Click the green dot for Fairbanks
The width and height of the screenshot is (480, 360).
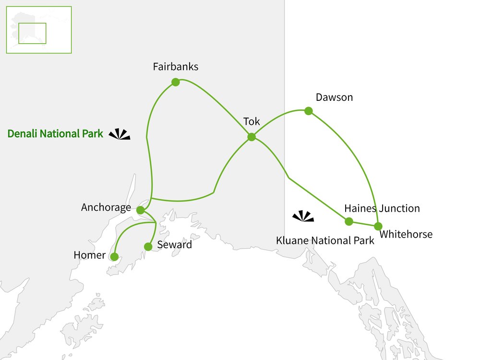click(x=176, y=82)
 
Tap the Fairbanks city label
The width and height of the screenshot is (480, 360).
click(x=175, y=67)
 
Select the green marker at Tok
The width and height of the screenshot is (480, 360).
click(x=252, y=137)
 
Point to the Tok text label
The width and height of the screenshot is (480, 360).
click(x=252, y=122)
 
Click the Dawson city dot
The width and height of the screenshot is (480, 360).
click(x=309, y=111)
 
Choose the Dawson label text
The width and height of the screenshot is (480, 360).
click(x=334, y=97)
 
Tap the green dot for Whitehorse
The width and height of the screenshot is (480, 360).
click(x=378, y=226)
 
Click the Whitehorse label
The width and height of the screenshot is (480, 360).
click(x=406, y=235)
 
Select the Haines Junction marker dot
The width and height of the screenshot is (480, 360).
click(x=349, y=221)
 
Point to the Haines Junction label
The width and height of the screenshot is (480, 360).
click(x=382, y=208)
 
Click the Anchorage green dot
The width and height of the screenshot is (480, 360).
click(x=140, y=210)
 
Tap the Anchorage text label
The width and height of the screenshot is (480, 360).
click(x=106, y=207)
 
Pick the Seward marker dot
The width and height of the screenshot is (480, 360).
click(x=148, y=247)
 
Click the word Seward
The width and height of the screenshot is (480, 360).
click(x=174, y=245)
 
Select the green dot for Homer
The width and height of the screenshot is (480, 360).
click(x=114, y=257)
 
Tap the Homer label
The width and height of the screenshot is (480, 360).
click(x=89, y=255)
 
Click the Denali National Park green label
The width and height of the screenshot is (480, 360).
click(x=55, y=134)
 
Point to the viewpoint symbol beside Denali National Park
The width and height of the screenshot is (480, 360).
click(x=120, y=135)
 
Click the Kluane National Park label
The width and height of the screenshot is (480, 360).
click(x=325, y=240)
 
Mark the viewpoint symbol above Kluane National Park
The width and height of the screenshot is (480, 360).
click(x=303, y=217)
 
